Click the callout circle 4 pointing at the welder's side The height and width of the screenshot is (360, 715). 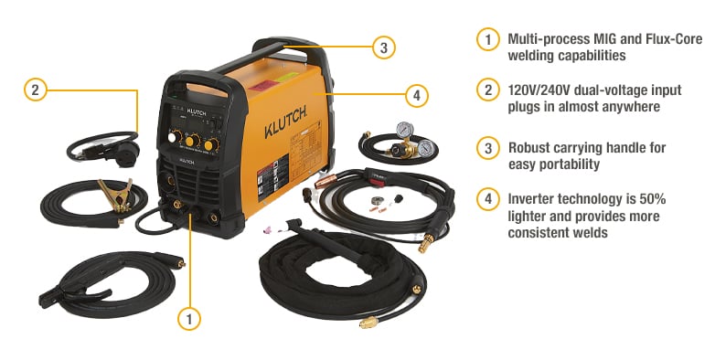coord(417,94)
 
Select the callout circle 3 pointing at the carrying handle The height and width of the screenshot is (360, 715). coord(385,48)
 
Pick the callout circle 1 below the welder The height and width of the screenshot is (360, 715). coord(189,319)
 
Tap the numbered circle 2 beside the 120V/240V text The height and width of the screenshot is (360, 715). coord(489,90)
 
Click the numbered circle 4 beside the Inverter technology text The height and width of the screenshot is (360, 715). coord(489,199)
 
